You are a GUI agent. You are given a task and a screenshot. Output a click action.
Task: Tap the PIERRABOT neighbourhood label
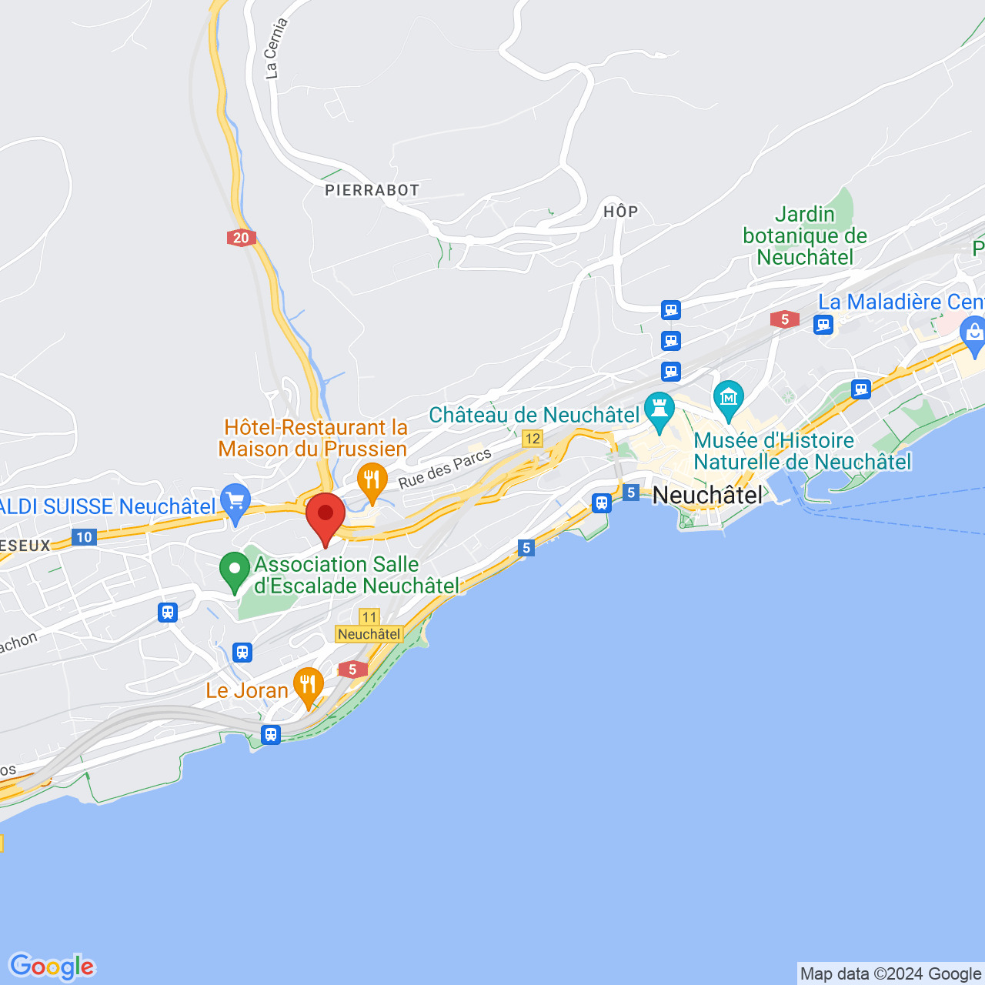pos(372,190)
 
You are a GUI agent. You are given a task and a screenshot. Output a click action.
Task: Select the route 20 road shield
pos(242,238)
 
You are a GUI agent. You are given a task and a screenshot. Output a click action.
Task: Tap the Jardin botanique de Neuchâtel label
pos(805,235)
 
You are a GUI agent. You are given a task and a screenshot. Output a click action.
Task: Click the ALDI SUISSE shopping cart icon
pos(235,502)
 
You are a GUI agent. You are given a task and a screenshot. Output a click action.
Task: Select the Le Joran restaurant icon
pos(308,685)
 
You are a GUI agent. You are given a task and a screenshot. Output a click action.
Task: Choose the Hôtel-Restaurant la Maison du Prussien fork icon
pos(372,481)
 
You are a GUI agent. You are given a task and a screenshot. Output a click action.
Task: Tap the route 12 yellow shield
pos(533,439)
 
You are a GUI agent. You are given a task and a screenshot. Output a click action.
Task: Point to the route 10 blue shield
pos(84,537)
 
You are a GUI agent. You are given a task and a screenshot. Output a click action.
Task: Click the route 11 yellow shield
pos(369,616)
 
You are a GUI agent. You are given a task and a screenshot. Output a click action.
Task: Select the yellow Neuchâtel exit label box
pos(369,634)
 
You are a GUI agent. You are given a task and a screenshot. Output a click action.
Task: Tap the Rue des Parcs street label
pos(445,469)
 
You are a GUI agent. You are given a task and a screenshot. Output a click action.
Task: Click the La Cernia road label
pos(275,48)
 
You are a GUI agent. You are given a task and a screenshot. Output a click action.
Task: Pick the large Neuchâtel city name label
pos(708,495)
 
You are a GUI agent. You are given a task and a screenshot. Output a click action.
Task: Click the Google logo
pos(52,967)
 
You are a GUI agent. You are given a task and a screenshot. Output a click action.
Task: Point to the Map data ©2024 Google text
pos(890,974)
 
